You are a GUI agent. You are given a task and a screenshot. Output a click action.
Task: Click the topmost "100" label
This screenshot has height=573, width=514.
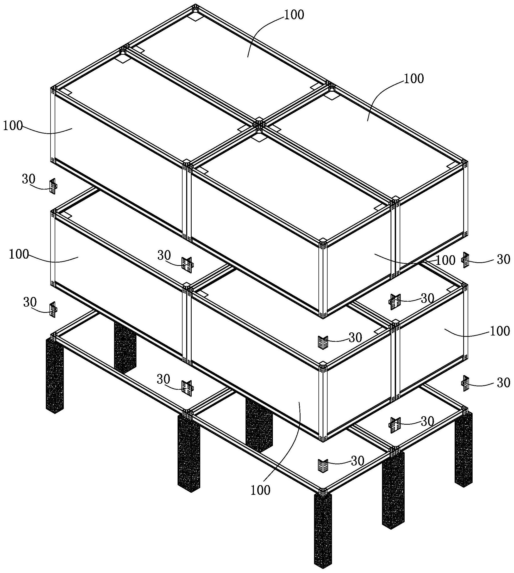point(294,15)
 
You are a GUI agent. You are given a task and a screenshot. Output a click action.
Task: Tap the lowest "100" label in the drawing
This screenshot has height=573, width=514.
point(260,490)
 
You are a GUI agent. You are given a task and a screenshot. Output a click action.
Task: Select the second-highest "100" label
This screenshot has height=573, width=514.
point(414,79)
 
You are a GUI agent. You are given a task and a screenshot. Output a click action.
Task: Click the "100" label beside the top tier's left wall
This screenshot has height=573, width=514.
point(13,125)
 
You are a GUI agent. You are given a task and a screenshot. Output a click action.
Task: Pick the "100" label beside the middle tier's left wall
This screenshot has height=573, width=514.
point(19,254)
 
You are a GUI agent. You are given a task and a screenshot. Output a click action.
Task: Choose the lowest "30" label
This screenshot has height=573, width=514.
point(357,461)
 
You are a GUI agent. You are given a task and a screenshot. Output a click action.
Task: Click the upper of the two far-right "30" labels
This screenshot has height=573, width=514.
point(503,259)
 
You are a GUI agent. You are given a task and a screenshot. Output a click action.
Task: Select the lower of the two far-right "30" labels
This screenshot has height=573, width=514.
point(503,383)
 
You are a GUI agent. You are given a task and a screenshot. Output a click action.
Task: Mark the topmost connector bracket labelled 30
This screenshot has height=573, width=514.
point(53,186)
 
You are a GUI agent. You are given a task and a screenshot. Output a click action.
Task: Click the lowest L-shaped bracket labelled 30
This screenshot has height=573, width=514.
point(323,466)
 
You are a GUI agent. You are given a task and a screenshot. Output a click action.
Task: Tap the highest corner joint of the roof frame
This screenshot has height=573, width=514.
point(195,7)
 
